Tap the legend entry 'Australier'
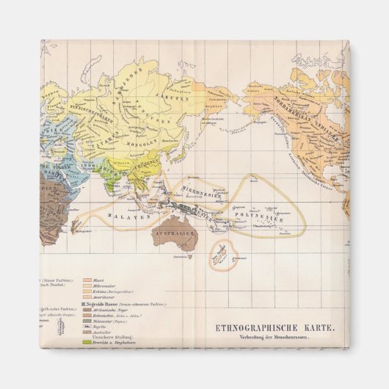coord(100,331)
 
